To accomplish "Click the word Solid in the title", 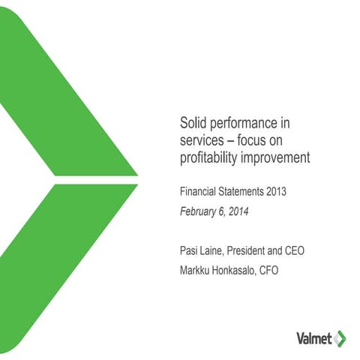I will [x=193, y=121].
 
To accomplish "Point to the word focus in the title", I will [x=262, y=139].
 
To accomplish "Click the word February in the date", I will [x=200, y=211].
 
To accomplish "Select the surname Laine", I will [x=215, y=247].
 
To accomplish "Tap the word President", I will [x=254, y=247].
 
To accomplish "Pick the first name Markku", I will [x=196, y=266].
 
